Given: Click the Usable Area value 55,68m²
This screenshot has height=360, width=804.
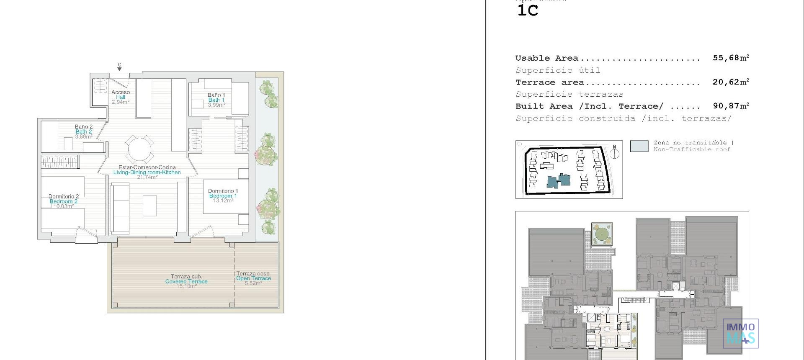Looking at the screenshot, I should coord(731,58).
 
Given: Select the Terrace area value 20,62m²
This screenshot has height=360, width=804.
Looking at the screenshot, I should coord(731,82).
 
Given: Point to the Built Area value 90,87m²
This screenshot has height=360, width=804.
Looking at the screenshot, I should coord(731,106).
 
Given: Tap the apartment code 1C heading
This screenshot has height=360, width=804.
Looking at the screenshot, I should coord(528,10).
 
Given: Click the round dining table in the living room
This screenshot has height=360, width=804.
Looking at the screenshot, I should coord(140,149).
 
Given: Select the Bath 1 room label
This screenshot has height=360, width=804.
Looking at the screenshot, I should coord(216,100).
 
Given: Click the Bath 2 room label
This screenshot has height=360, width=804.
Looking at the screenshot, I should coord(84,131).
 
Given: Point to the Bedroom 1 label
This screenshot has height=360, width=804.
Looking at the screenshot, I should coord(223,196).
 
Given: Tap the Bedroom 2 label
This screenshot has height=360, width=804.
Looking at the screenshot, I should coord(63,201).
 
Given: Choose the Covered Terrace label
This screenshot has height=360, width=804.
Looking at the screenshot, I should coord(186,281).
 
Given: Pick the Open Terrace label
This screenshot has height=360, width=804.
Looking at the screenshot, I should coord(253,278).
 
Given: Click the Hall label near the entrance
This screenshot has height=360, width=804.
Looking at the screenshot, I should coord(121,97).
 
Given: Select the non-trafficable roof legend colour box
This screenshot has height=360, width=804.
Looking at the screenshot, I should coord(639,146).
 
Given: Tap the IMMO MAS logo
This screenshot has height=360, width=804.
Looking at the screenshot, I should coord(740,333).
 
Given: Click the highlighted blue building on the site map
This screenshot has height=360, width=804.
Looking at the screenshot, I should coord(559,181).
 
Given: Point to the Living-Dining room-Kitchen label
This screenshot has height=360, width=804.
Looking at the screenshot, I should coord(147,172).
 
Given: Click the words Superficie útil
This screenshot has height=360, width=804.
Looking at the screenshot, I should coord(558,70).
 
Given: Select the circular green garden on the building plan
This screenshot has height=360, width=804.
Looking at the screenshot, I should coord(602,234).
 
